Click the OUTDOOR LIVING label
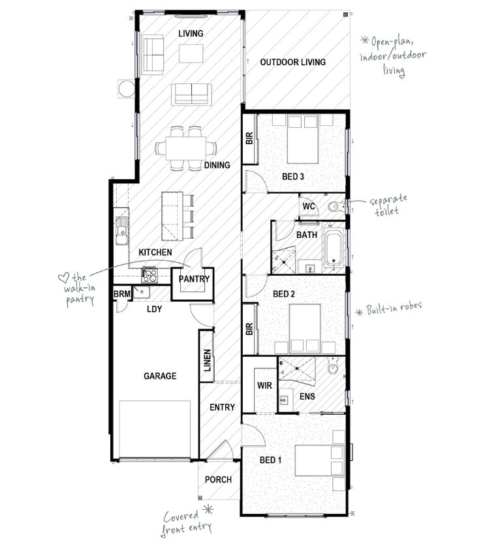click(x=292, y=63)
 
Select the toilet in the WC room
click(x=335, y=207)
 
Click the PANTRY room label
click(x=194, y=280)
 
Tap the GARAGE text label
click(x=159, y=376)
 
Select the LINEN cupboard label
click(x=207, y=360)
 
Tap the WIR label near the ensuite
click(x=264, y=386)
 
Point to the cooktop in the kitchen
click(x=149, y=274)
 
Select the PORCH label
click(x=218, y=480)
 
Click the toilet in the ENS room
click(x=334, y=370)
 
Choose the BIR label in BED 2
click(x=249, y=329)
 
